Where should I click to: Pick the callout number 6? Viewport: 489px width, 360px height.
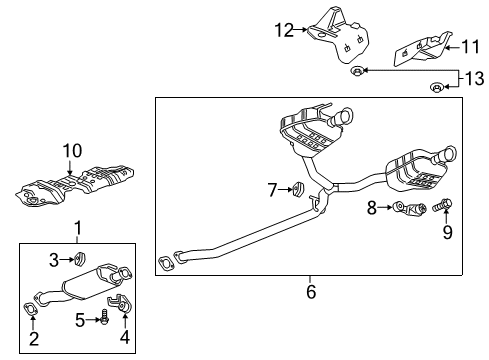[310, 292]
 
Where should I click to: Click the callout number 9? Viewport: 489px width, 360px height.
[447, 232]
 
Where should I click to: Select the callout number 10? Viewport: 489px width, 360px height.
[70, 151]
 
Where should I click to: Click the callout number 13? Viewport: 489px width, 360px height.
[475, 77]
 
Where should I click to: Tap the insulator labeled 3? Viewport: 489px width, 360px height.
[80, 260]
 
